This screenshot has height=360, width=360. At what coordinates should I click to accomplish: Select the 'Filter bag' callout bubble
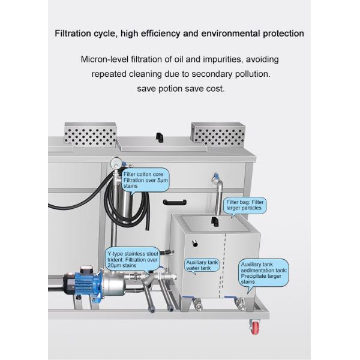246,206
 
